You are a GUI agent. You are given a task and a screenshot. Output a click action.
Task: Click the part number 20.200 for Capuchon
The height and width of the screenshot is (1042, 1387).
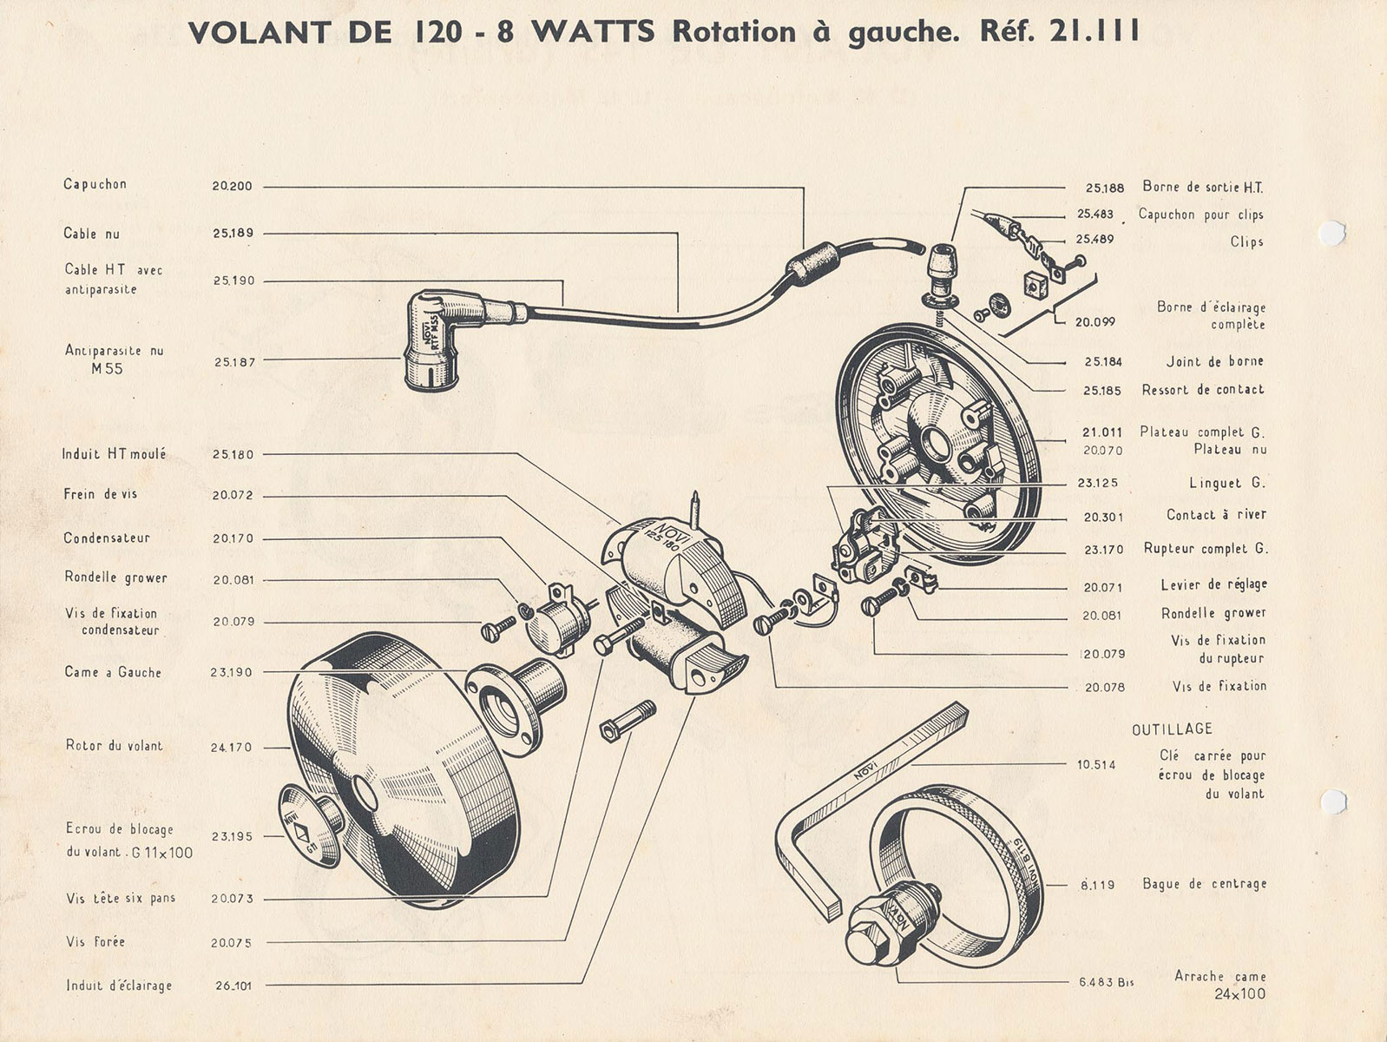click(x=232, y=187)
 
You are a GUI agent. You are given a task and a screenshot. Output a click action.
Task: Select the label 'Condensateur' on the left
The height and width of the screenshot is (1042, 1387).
click(x=107, y=537)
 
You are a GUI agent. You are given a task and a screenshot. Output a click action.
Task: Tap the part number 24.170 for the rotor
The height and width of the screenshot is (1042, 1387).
click(x=231, y=748)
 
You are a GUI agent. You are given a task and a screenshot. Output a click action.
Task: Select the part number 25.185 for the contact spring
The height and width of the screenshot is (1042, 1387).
click(x=1102, y=391)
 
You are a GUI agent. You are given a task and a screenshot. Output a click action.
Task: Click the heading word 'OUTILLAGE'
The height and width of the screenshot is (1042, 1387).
click(x=1172, y=729)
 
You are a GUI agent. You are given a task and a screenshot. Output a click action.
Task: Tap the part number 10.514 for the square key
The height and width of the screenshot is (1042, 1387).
click(x=1096, y=765)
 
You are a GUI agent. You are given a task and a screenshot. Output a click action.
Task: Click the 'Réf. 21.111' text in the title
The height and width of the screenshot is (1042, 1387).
click(x=1060, y=31)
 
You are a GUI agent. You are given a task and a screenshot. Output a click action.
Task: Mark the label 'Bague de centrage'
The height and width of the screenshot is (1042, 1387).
click(x=1205, y=884)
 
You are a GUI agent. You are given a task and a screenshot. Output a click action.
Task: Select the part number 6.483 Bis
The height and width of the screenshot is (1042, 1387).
click(x=1107, y=983)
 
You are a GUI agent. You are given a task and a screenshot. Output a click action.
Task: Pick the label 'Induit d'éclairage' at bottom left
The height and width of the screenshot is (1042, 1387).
click(x=119, y=986)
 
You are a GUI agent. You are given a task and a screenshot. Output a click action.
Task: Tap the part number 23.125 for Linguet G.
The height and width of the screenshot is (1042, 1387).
click(x=1098, y=484)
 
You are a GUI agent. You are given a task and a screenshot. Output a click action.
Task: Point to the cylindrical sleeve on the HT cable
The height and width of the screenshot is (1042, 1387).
click(x=812, y=263)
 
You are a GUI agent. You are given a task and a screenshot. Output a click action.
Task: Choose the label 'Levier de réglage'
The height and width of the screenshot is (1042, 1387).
click(x=1214, y=584)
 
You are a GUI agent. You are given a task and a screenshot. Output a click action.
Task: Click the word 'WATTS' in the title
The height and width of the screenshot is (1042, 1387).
click(x=593, y=31)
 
